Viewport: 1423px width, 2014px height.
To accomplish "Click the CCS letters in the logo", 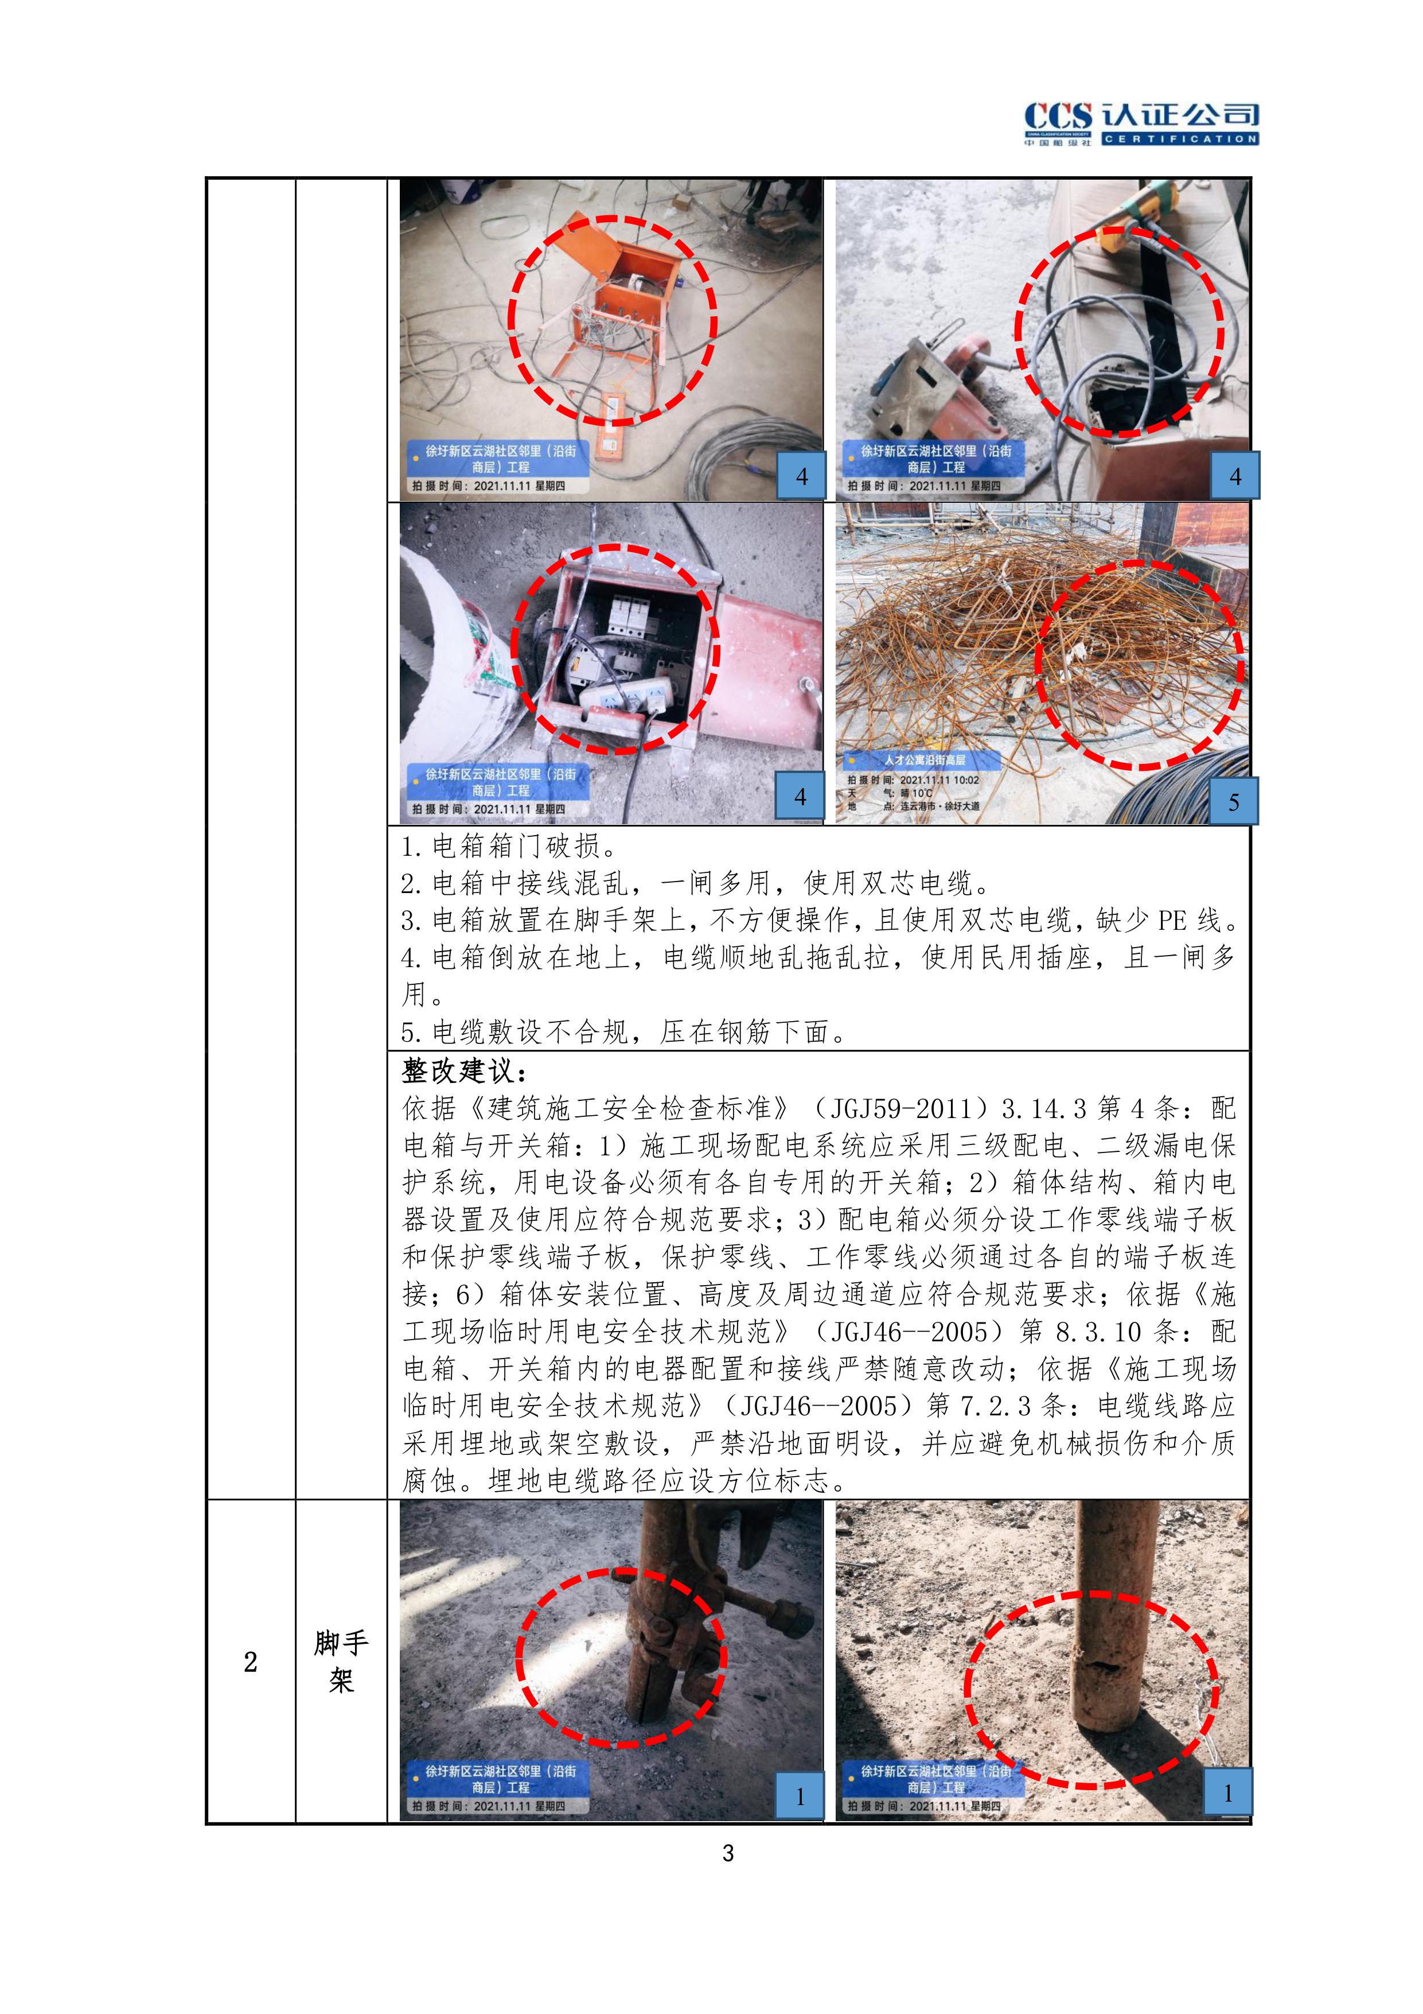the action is point(1058,117).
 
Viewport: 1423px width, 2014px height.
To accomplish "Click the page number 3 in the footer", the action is point(728,1853).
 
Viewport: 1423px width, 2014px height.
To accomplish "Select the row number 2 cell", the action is point(251,1662).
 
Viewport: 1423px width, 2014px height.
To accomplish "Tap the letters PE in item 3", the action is point(1173,920).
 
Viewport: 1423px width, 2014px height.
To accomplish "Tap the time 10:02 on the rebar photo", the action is point(965,780).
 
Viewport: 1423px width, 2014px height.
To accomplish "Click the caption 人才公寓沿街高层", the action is point(925,760).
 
